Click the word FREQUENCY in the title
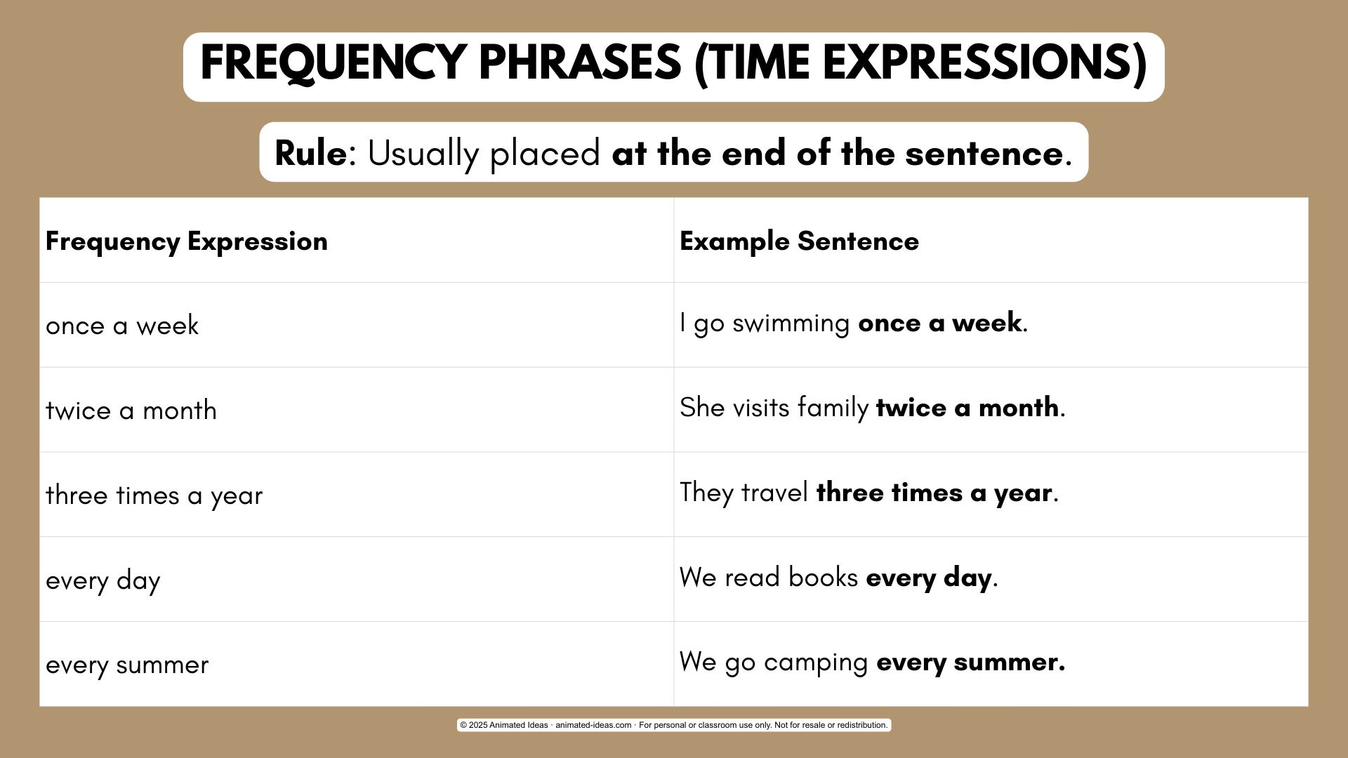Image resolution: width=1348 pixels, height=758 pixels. (x=334, y=63)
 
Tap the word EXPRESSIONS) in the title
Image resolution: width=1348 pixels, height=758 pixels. (x=984, y=64)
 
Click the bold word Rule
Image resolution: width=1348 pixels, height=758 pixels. (x=310, y=153)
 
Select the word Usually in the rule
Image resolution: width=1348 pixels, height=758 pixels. (x=423, y=154)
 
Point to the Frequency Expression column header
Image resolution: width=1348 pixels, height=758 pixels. (x=187, y=241)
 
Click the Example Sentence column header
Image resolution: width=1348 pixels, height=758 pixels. (x=799, y=241)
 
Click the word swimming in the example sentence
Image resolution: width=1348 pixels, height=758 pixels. (x=791, y=324)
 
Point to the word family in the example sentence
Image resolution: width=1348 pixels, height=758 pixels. (x=833, y=408)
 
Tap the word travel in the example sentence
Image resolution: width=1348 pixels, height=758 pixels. (x=774, y=492)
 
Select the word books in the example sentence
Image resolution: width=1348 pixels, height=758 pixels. (x=823, y=577)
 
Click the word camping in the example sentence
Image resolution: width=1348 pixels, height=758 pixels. (x=816, y=663)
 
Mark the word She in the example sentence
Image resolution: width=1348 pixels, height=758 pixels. (x=702, y=407)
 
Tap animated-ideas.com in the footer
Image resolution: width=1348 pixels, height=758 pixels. (x=593, y=725)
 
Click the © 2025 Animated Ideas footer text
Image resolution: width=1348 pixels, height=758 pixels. (x=504, y=725)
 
